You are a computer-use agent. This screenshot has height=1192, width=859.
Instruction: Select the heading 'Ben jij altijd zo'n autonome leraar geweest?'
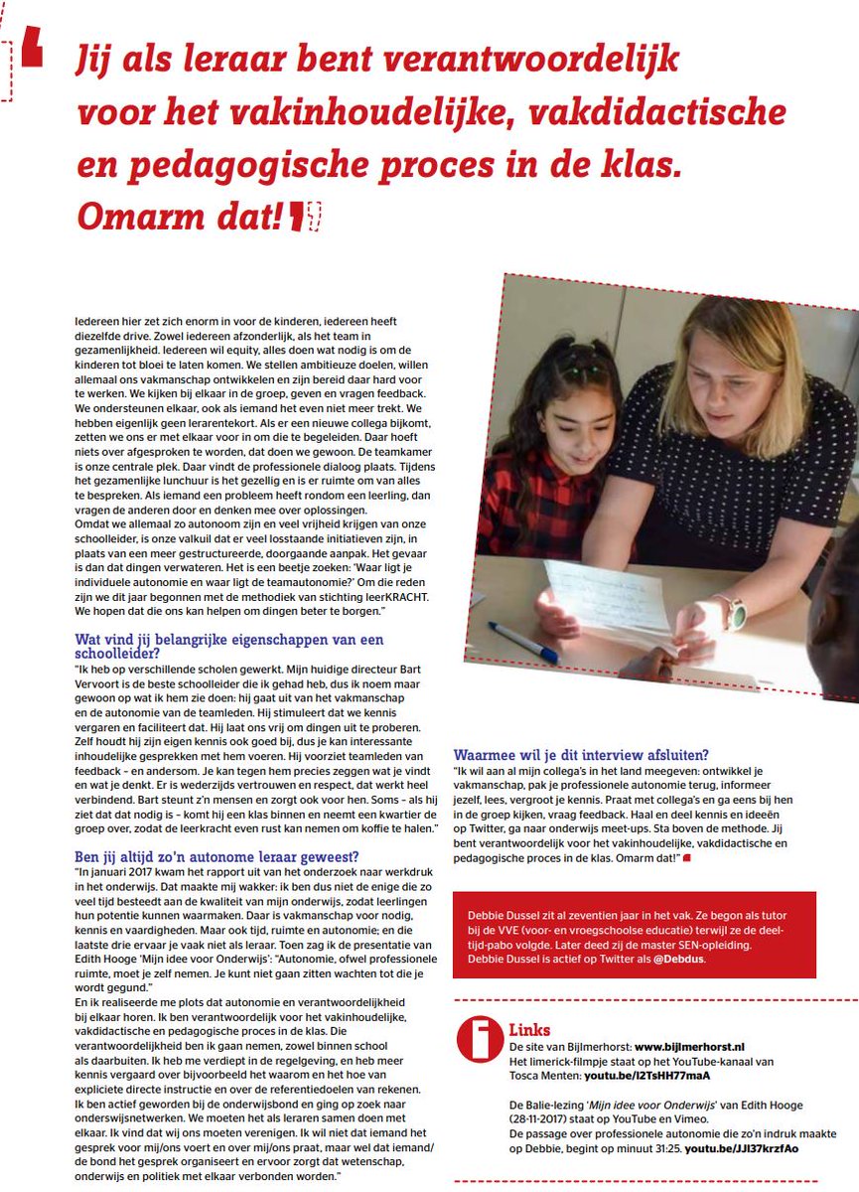[216, 856]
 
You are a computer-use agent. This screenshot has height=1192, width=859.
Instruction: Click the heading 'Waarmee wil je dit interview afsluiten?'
[581, 755]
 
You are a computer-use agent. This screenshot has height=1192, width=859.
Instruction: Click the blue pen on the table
[522, 642]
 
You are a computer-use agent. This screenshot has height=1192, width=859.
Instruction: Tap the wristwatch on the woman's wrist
[732, 613]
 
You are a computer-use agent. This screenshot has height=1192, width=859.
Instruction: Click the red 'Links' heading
[529, 1030]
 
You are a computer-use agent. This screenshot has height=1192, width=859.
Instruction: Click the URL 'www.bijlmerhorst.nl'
[688, 1047]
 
